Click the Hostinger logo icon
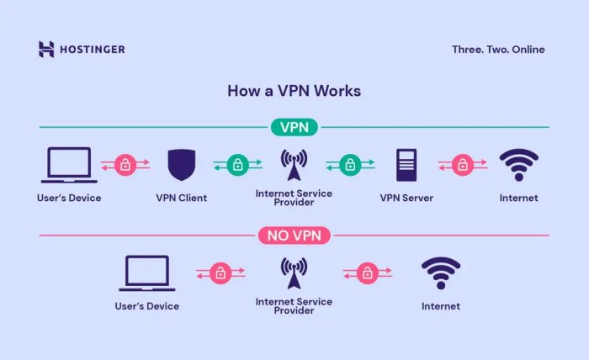[46, 49]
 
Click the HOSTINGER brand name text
[92, 50]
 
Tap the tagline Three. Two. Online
[497, 50]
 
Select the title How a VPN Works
[294, 90]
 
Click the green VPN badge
[294, 127]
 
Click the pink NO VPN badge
[294, 236]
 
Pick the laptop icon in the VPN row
[69, 166]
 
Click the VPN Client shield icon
[181, 165]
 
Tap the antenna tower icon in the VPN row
[294, 164]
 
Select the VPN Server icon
[406, 165]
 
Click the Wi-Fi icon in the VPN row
[518, 165]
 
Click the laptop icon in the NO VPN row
[147, 273]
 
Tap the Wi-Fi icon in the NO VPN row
[440, 273]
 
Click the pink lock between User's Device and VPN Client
[125, 165]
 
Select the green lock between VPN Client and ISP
[237, 165]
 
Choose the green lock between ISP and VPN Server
[350, 165]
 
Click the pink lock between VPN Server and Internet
[462, 165]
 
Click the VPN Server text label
[406, 199]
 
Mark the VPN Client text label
[181, 199]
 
